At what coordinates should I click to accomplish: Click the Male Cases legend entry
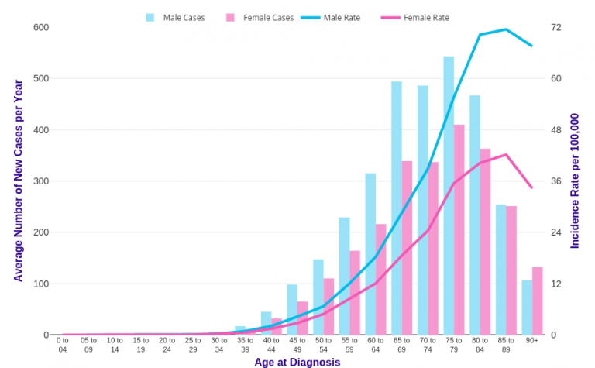(x=176, y=18)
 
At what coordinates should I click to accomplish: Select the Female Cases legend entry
(x=260, y=18)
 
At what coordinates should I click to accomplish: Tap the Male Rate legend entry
(x=333, y=18)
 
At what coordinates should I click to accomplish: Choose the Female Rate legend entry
(x=417, y=18)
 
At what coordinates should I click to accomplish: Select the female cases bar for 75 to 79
(x=459, y=229)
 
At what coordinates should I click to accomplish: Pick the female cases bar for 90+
(x=538, y=301)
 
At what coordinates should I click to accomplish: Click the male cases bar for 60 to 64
(x=370, y=254)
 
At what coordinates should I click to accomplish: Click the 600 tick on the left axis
(x=41, y=28)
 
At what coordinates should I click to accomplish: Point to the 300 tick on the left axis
(x=41, y=181)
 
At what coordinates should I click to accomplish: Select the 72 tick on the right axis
(x=555, y=28)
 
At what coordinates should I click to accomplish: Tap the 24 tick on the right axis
(x=555, y=232)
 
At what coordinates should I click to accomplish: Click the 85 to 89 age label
(x=506, y=345)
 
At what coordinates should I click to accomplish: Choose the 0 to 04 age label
(x=63, y=345)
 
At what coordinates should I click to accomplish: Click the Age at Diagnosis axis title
(x=297, y=362)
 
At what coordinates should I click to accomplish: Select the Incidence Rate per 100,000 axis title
(x=575, y=181)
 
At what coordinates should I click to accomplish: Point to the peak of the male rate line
(x=506, y=29)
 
